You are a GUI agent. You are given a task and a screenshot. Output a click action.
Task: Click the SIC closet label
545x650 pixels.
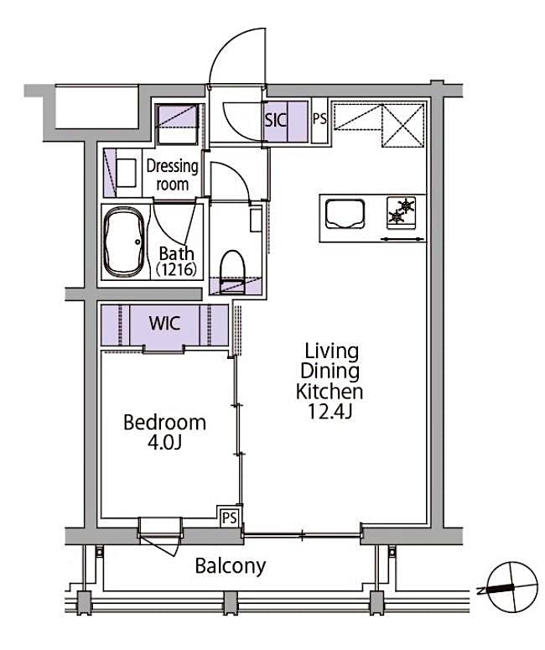pos(276,119)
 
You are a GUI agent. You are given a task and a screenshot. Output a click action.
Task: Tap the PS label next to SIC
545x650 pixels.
pos(319,118)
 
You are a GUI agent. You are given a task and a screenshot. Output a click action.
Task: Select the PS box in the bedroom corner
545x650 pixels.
pos(229,517)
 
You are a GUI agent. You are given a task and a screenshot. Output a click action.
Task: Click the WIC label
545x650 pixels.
pos(164,324)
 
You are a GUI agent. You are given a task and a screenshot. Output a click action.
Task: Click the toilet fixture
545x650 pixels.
pos(231,267)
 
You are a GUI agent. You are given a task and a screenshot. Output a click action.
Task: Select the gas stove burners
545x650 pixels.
pos(401,211)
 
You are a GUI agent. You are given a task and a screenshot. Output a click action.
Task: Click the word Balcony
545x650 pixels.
pos(230,565)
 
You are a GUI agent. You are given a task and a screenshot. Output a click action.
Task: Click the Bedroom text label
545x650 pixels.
pos(164,422)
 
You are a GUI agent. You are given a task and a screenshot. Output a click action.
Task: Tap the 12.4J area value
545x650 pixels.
pos(330,413)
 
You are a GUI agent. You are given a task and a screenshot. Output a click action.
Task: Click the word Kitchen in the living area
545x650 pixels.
pos(330,392)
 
